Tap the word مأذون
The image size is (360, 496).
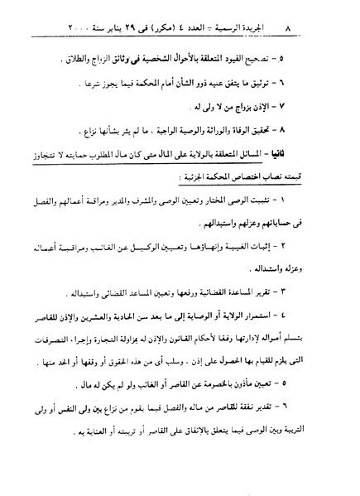coord(262,388)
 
